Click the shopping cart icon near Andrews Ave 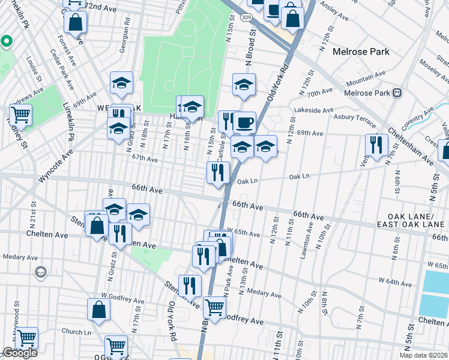click(20, 115)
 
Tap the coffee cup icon click(244, 123)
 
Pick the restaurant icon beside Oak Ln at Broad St click(217, 172)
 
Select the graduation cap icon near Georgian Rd click(121, 83)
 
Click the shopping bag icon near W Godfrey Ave click(99, 310)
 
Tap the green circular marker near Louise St click(7, 41)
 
